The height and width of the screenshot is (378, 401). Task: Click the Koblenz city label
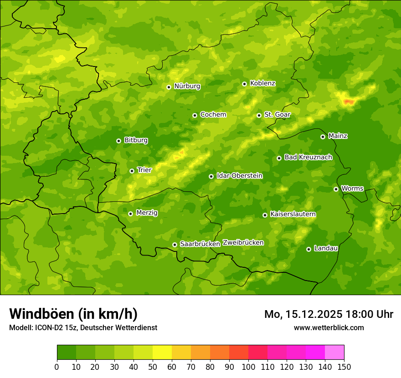(263, 83)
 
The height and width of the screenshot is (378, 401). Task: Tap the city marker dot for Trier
(132, 171)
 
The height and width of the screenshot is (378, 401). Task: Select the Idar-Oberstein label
(239, 176)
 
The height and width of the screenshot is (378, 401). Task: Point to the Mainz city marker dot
(323, 137)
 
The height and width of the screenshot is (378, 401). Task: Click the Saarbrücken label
(200, 244)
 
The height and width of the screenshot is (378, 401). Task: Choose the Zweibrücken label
(243, 243)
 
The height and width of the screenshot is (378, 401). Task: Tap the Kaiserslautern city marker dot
(265, 215)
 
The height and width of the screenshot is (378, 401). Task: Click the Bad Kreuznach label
(308, 158)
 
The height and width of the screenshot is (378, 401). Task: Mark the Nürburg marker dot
(169, 87)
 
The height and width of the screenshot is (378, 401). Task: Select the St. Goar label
(277, 115)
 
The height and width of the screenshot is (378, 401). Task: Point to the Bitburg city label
(136, 140)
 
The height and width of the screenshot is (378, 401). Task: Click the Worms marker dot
(336, 189)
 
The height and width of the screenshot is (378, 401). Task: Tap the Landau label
(326, 248)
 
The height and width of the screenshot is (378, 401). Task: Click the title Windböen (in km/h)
(73, 314)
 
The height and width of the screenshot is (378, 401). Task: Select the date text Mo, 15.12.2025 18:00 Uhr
(329, 314)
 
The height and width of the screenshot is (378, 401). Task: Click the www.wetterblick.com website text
(329, 327)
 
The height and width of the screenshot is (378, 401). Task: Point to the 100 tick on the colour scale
(248, 367)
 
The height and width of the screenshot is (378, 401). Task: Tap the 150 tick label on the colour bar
(344, 367)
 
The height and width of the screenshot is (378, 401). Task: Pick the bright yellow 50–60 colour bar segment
(162, 352)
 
